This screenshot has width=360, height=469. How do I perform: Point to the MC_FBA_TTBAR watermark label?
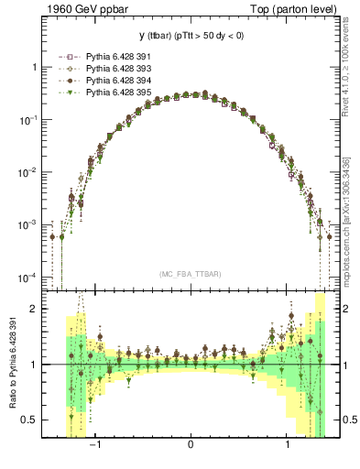click(x=190, y=274)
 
